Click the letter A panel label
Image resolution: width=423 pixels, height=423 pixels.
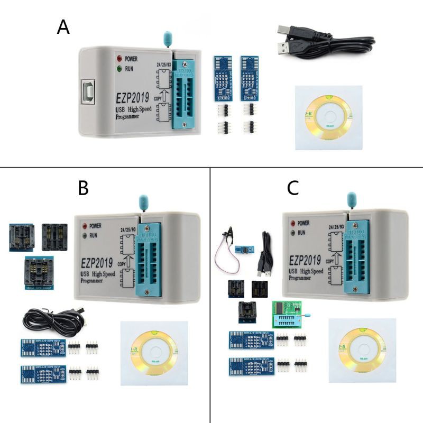(63, 26)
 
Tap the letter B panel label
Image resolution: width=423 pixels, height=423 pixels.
(83, 188)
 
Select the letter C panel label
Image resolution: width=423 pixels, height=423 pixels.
(293, 188)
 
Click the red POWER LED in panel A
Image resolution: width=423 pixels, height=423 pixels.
(120, 58)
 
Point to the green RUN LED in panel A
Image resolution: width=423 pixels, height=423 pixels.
(120, 68)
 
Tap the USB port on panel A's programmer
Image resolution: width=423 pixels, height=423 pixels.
(87, 93)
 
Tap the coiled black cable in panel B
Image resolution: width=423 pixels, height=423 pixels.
(53, 317)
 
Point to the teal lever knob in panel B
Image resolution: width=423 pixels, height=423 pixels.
(141, 201)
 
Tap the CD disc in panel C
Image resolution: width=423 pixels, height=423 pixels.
(365, 349)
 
